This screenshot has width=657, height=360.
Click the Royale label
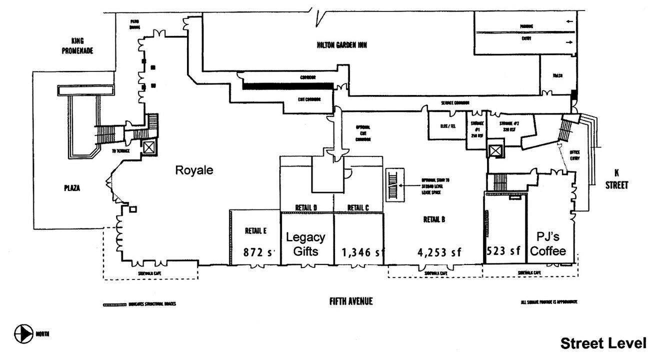(x=194, y=170)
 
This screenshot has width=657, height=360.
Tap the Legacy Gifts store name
(x=304, y=244)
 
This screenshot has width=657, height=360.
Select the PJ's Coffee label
(x=551, y=244)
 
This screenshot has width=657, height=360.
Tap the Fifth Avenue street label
(x=351, y=301)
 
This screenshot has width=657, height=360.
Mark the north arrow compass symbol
(x=22, y=333)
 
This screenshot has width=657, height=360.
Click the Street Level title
(x=603, y=344)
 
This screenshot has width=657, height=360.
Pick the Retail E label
(x=255, y=230)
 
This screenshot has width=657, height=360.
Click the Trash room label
(x=558, y=76)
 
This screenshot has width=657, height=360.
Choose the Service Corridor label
(x=455, y=103)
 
